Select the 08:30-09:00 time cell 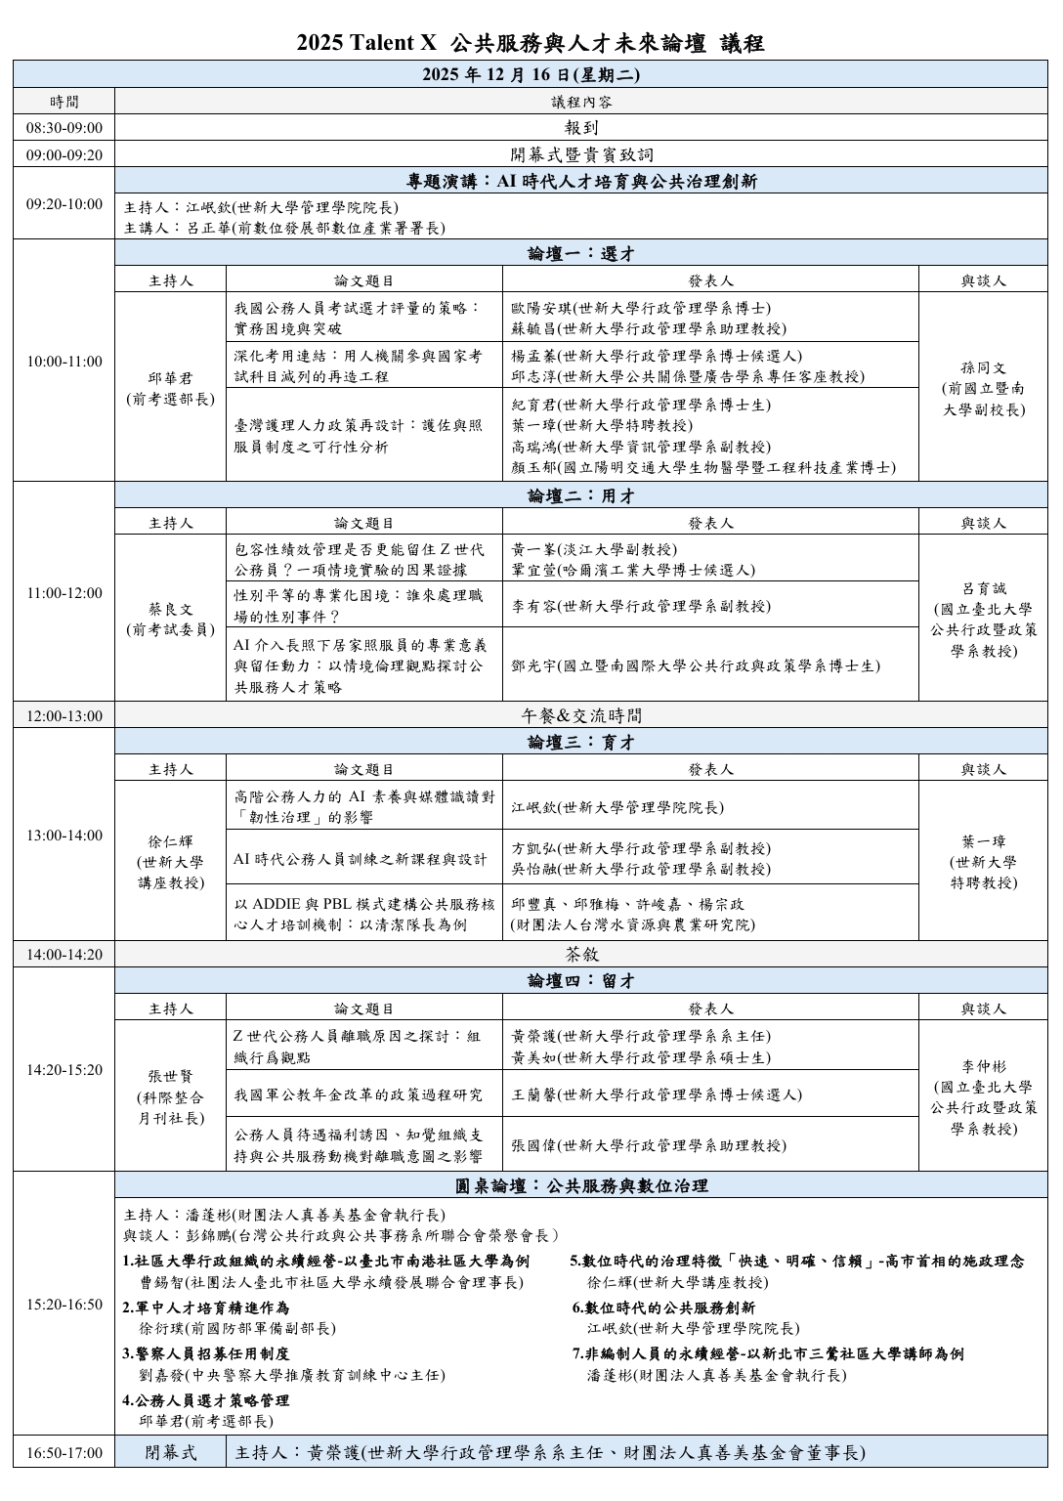pos(64,128)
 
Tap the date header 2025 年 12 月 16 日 pos(531,74)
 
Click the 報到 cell pos(581,128)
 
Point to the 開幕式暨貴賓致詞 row pos(581,154)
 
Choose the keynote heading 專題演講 pos(581,181)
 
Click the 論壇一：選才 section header pos(581,253)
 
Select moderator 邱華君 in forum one pos(170,388)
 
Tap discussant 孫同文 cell pos(983,388)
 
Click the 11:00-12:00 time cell pos(64,592)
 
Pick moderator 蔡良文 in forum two pos(170,619)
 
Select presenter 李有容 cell pos(710,606)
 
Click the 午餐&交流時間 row pos(581,715)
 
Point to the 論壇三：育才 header pos(581,742)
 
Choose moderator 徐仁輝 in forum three pos(170,861)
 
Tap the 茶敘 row pos(581,954)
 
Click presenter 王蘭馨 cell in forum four pos(710,1094)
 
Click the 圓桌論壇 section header pos(581,1185)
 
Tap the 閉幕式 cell pos(170,1452)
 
